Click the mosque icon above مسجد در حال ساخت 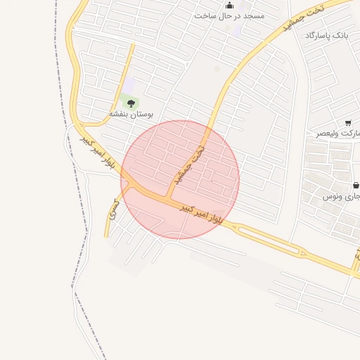tap(229, 5)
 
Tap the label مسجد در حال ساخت tap(230, 15)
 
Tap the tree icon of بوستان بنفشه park tap(131, 103)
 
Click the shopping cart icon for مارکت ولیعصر tap(348, 124)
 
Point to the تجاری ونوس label tap(342, 196)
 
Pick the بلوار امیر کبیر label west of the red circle tap(97, 153)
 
